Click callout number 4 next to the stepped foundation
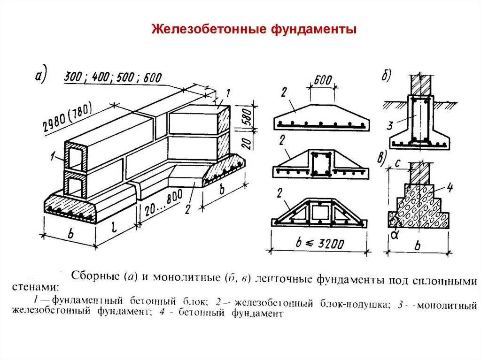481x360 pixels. pos(449,189)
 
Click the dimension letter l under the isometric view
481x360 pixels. pos(115,228)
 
